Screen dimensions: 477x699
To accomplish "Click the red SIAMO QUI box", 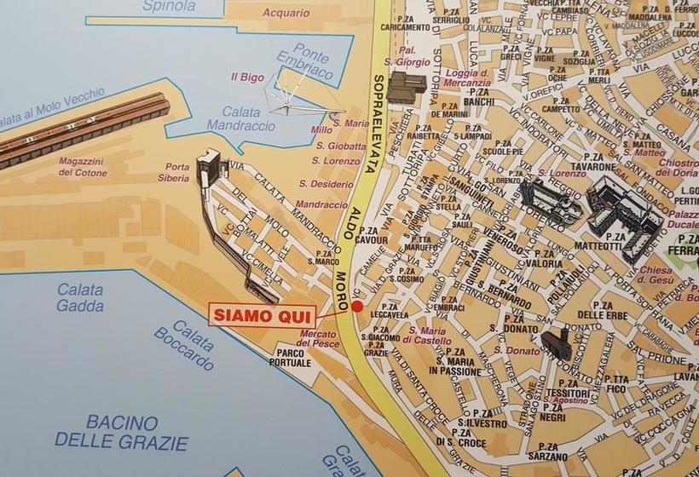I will [x=262, y=314].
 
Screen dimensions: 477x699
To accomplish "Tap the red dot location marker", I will [x=357, y=306].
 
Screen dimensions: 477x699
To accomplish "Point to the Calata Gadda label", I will [x=80, y=298].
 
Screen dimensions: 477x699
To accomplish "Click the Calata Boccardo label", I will [x=184, y=345].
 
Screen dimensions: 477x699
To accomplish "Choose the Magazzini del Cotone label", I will [x=82, y=166].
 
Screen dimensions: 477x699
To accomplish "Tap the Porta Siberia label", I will [x=178, y=173].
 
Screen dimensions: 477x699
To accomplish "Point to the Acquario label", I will [x=286, y=13].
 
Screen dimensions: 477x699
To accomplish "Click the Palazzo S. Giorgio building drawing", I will [x=407, y=86].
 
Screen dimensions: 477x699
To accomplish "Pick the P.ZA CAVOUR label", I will [x=373, y=235].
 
